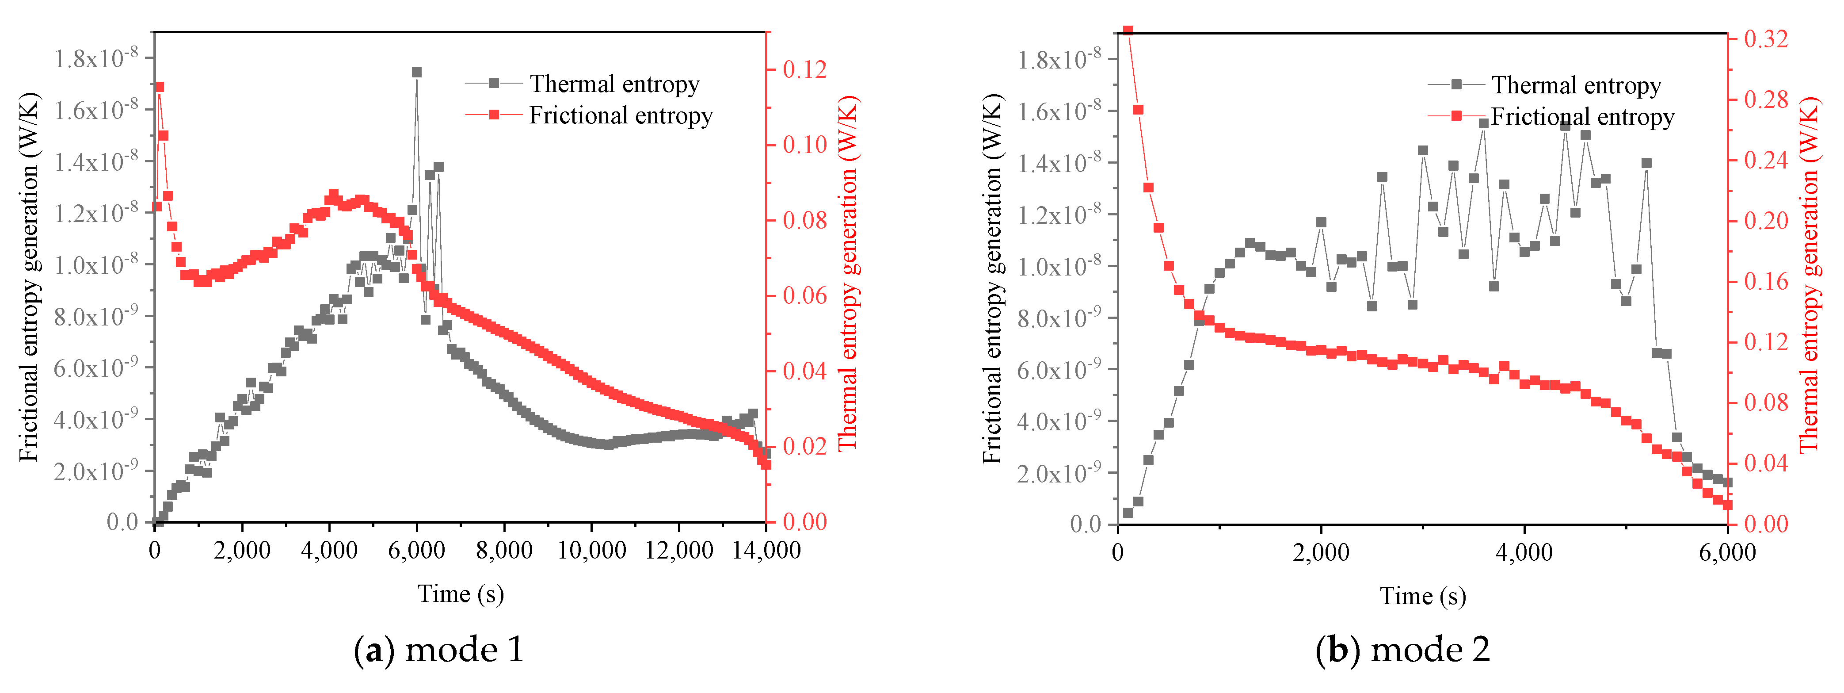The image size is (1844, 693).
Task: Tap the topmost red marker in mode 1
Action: coord(159,87)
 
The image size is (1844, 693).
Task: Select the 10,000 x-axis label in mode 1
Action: coord(591,551)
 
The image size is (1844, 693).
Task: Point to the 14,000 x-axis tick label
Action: coord(766,551)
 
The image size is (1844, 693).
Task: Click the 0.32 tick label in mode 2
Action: coord(1766,38)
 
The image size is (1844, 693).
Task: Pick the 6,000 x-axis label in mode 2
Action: coord(1727,553)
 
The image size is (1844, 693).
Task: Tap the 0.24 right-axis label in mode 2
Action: coord(1766,161)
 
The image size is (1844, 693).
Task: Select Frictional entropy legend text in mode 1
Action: coord(621,115)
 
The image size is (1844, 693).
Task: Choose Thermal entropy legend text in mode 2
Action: coord(1576,85)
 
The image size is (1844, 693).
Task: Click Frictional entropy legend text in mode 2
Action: coord(1583,117)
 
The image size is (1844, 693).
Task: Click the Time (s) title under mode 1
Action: coord(461,593)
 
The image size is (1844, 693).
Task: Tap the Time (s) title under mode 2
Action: coord(1423,596)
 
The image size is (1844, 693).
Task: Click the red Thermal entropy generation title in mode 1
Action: coord(848,272)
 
